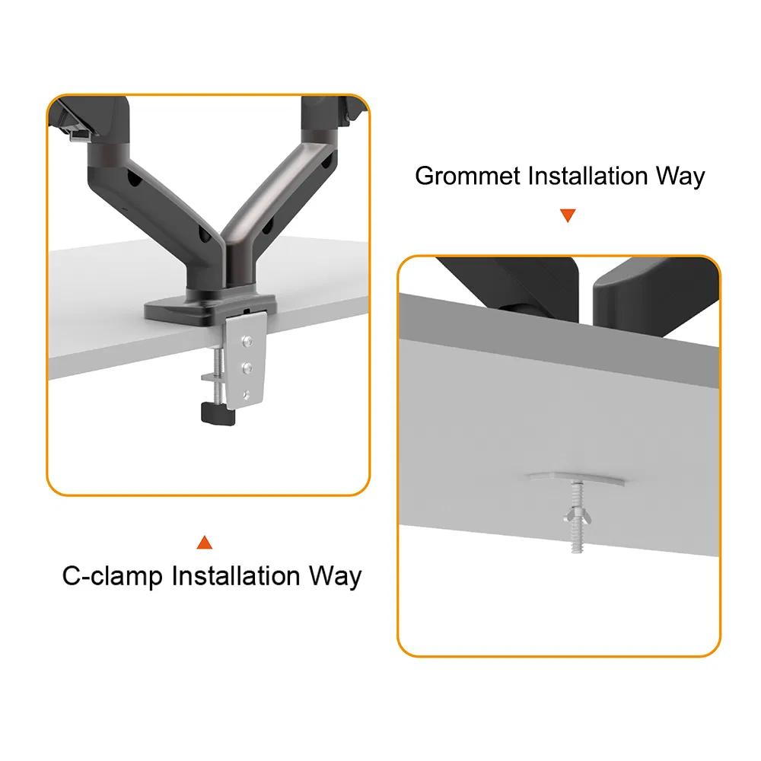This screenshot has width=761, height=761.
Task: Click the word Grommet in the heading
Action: (x=468, y=175)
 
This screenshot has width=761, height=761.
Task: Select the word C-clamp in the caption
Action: (x=112, y=577)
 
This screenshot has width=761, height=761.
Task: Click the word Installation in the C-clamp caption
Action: (x=236, y=576)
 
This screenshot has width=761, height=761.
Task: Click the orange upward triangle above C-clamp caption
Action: (x=204, y=543)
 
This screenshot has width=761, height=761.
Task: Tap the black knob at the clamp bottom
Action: (x=218, y=414)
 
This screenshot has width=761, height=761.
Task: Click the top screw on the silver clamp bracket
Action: (x=248, y=342)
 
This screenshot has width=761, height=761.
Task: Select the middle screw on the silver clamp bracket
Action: (x=247, y=368)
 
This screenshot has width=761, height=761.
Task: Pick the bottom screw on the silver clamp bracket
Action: (x=247, y=394)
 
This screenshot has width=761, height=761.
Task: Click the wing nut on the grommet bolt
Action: (x=577, y=517)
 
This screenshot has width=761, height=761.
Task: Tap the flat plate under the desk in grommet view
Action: (x=576, y=479)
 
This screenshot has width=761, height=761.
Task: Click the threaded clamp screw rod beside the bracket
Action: (x=218, y=374)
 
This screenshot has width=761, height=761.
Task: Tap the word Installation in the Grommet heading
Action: (x=587, y=175)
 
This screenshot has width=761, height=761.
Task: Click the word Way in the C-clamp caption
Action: (x=336, y=577)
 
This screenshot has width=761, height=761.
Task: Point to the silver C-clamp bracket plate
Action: (x=245, y=360)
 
